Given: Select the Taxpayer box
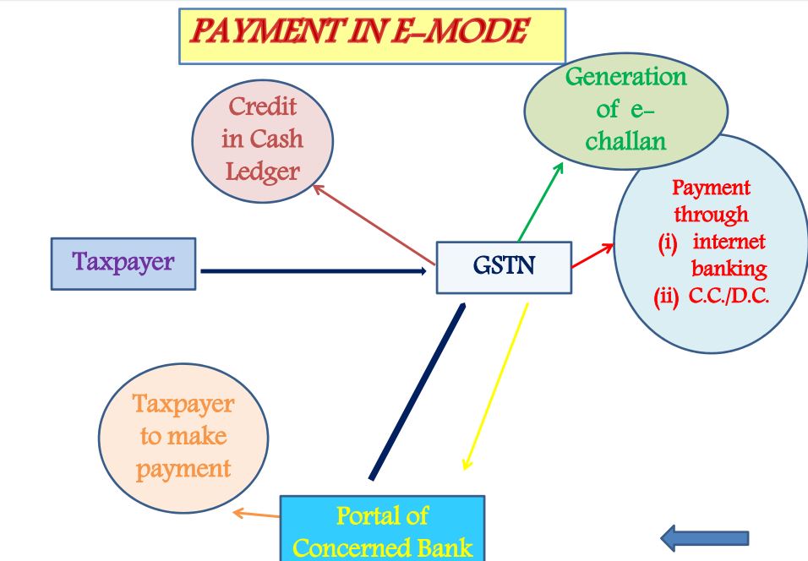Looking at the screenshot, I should click(x=123, y=263).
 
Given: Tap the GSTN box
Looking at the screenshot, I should click(x=504, y=268).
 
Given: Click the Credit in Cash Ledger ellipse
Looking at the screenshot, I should click(x=263, y=139).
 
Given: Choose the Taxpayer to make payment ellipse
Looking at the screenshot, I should click(x=183, y=436).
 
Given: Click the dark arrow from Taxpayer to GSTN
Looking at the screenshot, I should click(x=313, y=271).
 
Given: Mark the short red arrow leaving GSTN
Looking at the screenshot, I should click(x=592, y=256).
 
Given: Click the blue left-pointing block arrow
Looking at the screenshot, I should click(x=704, y=537).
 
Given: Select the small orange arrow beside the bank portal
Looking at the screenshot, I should click(x=256, y=514).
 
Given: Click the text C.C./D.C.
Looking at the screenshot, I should click(x=729, y=297).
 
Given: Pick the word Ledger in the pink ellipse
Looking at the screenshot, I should click(x=262, y=172).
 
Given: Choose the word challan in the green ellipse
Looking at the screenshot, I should click(x=625, y=141).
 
